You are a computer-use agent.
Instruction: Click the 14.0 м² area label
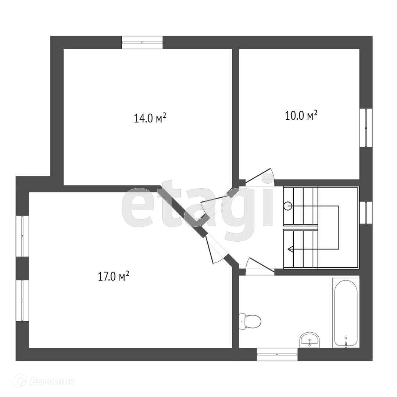(x=150, y=118)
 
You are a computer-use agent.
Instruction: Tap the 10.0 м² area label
(x=301, y=116)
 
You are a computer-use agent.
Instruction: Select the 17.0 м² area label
(x=113, y=276)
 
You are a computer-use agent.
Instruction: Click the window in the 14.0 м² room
(x=142, y=42)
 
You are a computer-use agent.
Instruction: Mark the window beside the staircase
(x=366, y=212)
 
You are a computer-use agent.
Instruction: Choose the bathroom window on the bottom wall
(x=277, y=354)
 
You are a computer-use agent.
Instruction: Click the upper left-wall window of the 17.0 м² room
(x=22, y=236)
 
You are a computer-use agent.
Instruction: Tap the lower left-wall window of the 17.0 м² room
(x=22, y=300)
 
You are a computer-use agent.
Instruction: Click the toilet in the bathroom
(x=250, y=321)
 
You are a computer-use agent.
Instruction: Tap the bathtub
(x=346, y=312)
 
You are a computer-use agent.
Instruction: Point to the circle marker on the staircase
(x=288, y=206)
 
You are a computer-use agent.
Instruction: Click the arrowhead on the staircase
(x=290, y=250)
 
